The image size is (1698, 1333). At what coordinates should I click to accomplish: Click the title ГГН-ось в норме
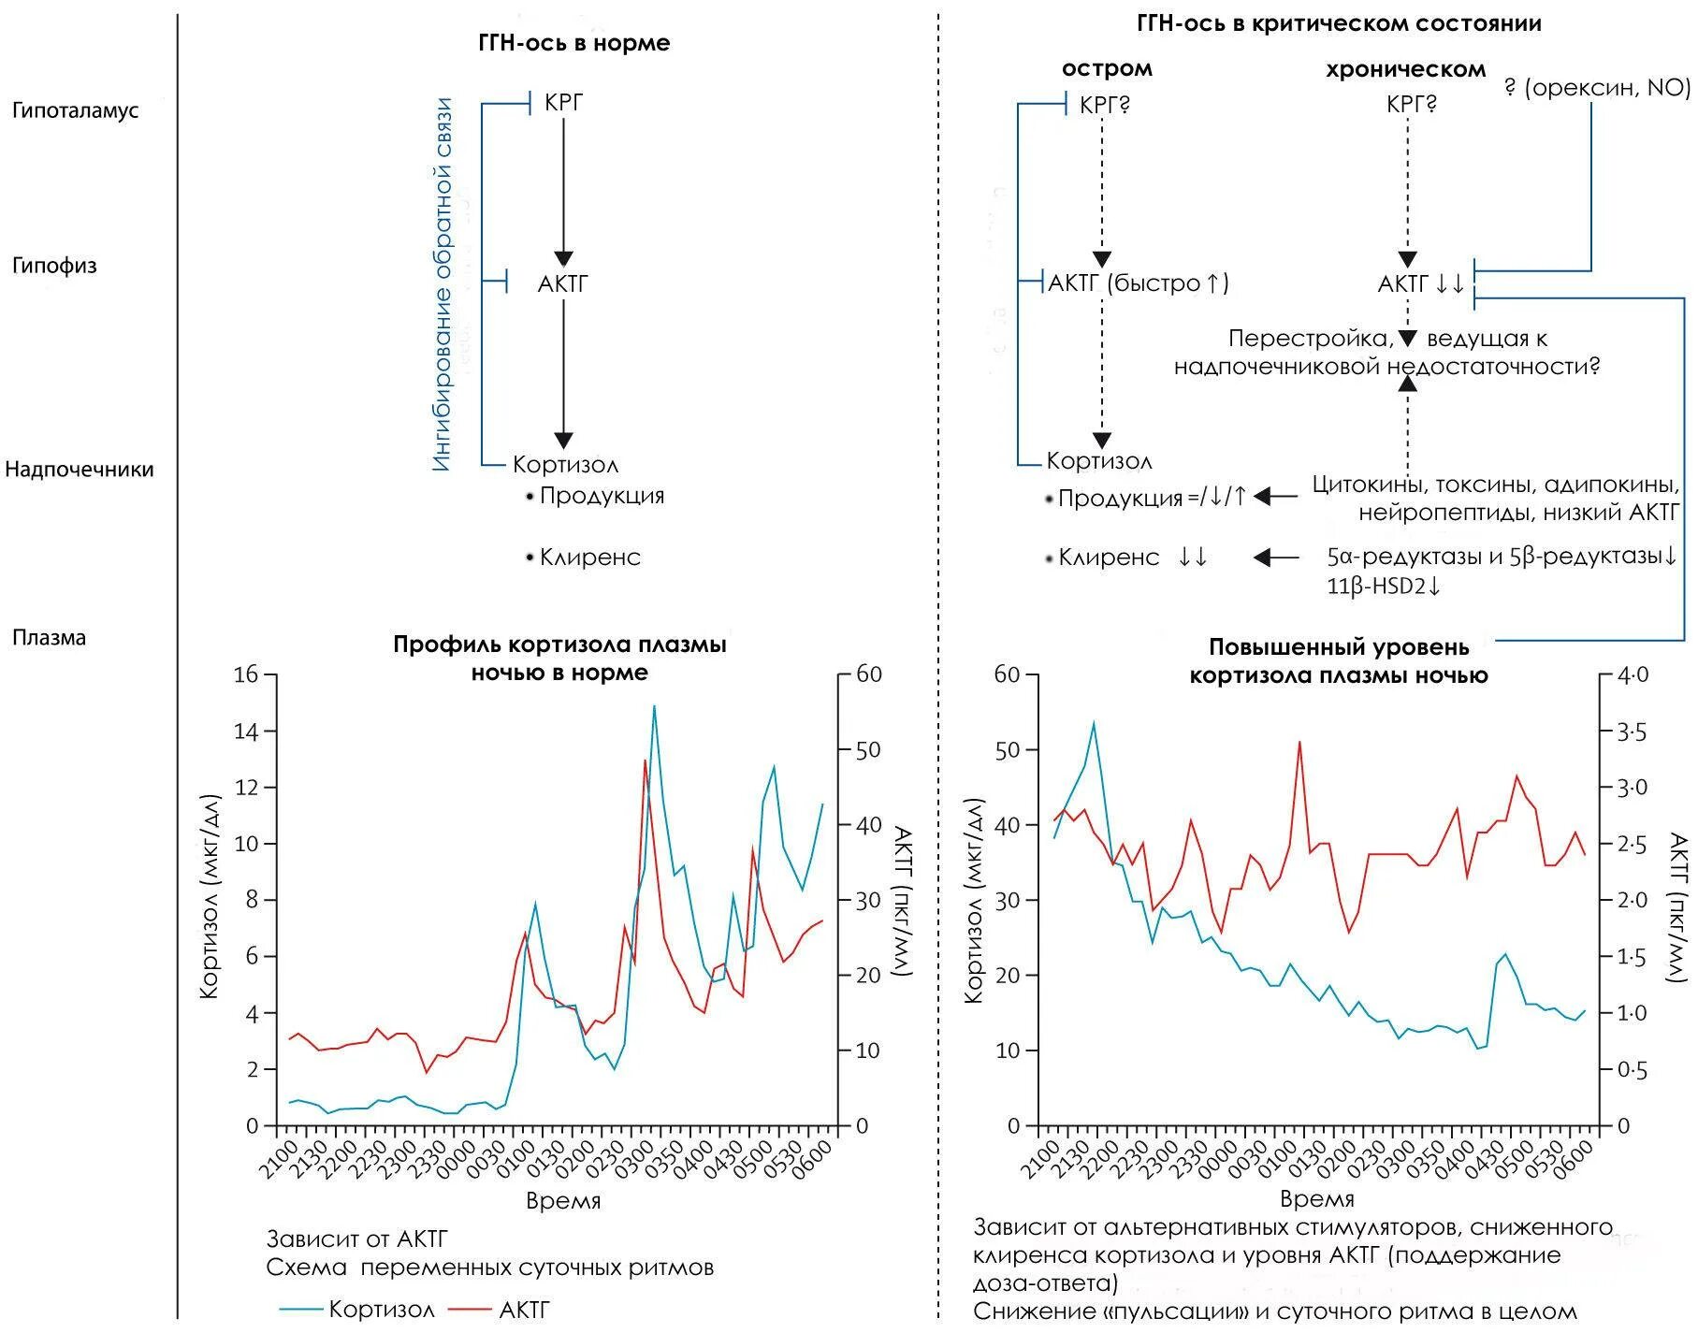point(573,43)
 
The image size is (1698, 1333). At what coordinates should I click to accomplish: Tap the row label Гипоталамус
point(75,110)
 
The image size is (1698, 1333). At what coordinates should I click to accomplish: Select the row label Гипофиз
point(54,266)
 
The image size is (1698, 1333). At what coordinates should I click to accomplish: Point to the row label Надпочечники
point(79,469)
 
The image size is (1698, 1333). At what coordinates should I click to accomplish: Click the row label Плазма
point(49,638)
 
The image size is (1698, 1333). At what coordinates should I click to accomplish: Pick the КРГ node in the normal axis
point(563,102)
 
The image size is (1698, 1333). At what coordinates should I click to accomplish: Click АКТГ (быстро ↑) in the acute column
point(1139,283)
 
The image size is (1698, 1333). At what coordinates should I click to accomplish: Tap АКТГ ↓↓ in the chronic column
point(1421,283)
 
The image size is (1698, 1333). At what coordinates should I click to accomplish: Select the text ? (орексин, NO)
point(1597,87)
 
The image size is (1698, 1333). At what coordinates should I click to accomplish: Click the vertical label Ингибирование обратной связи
point(442,284)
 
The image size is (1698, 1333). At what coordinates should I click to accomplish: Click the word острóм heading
point(1107,68)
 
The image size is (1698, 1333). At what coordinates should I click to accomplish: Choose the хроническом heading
point(1405,69)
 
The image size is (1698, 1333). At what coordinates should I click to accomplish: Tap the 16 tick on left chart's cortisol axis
point(246,674)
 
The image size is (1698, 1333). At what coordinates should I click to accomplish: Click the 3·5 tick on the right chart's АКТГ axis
point(1633,732)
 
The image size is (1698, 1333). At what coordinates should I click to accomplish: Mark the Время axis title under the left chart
point(563,1200)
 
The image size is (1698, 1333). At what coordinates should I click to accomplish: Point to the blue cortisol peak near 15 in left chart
point(654,706)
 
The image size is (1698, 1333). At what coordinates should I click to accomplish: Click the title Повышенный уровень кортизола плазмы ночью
point(1339,660)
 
